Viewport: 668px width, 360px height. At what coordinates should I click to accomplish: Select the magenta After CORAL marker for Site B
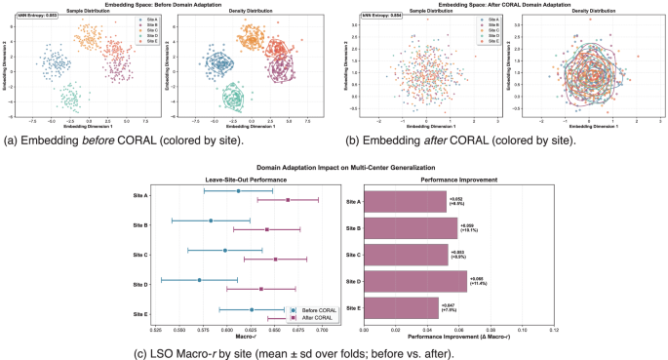(x=266, y=230)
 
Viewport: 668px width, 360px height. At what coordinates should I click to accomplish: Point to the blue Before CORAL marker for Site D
(x=199, y=280)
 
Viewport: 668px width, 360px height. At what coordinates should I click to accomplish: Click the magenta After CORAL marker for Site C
(x=275, y=260)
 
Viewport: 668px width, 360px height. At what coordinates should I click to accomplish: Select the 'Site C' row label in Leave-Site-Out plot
(x=138, y=256)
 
